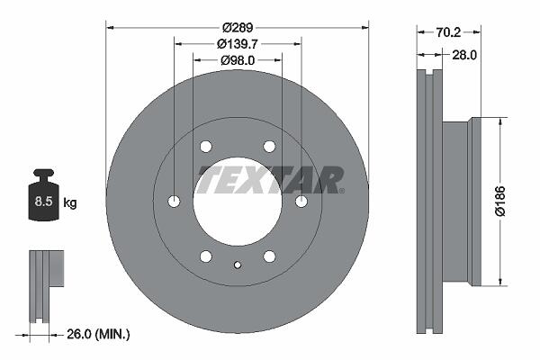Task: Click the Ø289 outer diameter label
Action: tap(238, 27)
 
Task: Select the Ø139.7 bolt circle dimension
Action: tap(238, 44)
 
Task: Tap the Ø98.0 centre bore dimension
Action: tap(238, 60)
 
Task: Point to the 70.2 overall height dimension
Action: tap(448, 32)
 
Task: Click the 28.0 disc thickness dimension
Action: tap(464, 55)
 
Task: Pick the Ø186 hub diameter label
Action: tap(500, 202)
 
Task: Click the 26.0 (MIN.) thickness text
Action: tap(98, 334)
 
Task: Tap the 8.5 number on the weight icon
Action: tap(43, 202)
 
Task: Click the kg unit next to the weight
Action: tap(70, 202)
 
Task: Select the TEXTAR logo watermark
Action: tap(271, 179)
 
